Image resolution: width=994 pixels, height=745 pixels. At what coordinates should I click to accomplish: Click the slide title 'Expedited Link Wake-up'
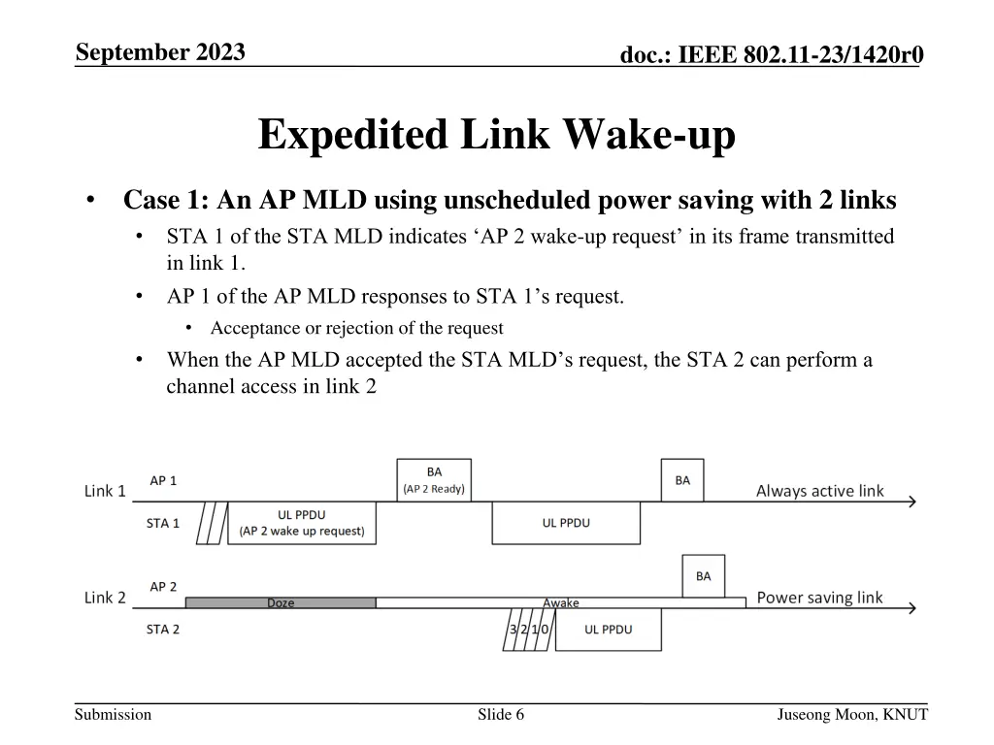pyautogui.click(x=496, y=135)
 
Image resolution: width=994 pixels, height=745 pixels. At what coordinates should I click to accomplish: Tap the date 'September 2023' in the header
pyautogui.click(x=160, y=51)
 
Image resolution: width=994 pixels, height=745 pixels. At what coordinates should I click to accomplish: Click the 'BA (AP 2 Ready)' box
pyautogui.click(x=434, y=480)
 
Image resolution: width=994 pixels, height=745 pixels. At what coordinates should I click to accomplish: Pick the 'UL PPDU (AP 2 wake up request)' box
pyautogui.click(x=302, y=523)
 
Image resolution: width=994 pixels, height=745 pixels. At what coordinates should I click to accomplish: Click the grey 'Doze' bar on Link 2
pyautogui.click(x=281, y=602)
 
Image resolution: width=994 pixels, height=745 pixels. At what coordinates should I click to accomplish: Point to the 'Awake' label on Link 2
pyautogui.click(x=560, y=602)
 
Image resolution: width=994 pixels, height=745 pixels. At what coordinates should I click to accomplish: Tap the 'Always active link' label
pyautogui.click(x=819, y=491)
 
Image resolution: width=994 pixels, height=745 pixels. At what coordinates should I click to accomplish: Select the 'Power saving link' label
pyautogui.click(x=819, y=598)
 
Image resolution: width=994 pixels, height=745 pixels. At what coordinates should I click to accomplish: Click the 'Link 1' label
pyautogui.click(x=105, y=491)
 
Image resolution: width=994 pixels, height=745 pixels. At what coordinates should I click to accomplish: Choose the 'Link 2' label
pyautogui.click(x=105, y=598)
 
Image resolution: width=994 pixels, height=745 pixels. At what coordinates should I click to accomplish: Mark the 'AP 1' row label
pyautogui.click(x=163, y=480)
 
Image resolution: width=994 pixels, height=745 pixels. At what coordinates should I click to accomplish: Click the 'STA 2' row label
pyautogui.click(x=163, y=630)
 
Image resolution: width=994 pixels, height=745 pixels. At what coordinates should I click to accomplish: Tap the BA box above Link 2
pyautogui.click(x=703, y=576)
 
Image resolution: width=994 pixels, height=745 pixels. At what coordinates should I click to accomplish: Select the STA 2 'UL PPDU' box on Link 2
pyautogui.click(x=608, y=630)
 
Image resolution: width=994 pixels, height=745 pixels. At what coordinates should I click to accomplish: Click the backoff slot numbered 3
pyautogui.click(x=514, y=630)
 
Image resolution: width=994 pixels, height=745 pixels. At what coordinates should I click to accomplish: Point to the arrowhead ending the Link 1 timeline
pyautogui.click(x=911, y=502)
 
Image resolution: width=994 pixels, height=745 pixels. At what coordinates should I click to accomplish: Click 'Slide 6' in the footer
pyautogui.click(x=501, y=715)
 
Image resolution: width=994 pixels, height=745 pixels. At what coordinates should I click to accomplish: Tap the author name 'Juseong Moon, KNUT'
pyautogui.click(x=852, y=715)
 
